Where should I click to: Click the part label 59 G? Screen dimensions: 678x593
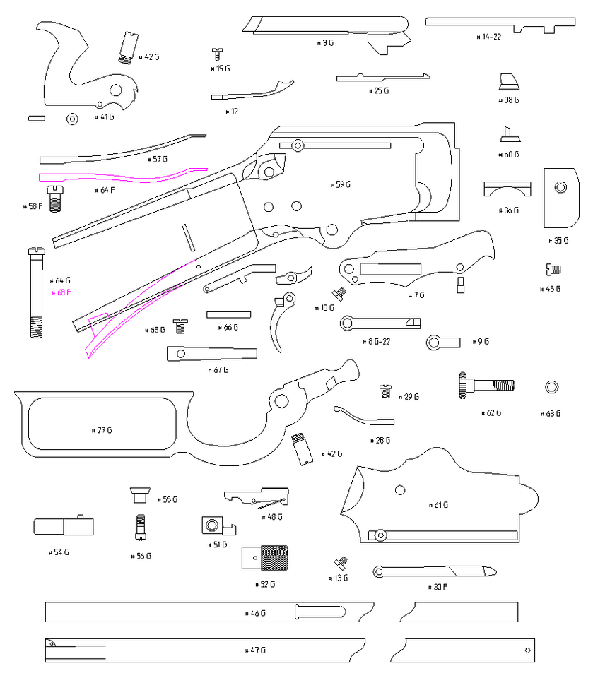(341, 185)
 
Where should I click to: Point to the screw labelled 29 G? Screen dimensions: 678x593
(386, 389)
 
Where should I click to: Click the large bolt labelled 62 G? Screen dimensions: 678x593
(487, 386)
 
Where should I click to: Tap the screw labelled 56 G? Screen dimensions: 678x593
(141, 527)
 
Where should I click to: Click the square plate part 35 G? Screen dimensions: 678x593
(560, 197)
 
